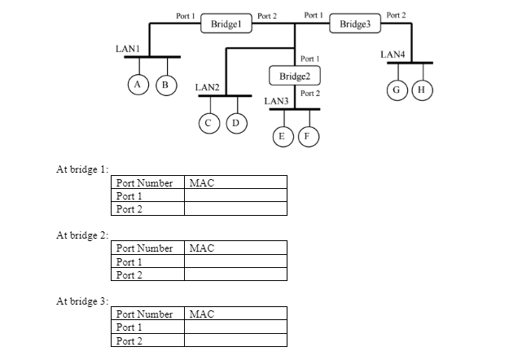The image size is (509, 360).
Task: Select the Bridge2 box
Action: [x=295, y=77]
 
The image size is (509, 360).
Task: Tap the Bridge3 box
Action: [x=355, y=24]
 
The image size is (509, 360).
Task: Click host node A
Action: [x=138, y=84]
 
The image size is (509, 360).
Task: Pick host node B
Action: [x=165, y=84]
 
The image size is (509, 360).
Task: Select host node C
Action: [x=209, y=123]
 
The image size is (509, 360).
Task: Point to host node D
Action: [x=236, y=123]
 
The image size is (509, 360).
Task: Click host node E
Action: [x=282, y=136]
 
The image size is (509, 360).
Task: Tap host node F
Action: [x=308, y=136]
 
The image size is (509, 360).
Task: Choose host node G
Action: [x=396, y=90]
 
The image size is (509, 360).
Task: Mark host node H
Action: [x=421, y=90]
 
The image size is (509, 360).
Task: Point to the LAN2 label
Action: [x=207, y=87]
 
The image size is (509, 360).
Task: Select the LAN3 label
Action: [x=277, y=101]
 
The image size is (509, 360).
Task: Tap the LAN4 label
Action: [x=393, y=55]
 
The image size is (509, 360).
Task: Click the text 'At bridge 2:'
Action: [x=81, y=235]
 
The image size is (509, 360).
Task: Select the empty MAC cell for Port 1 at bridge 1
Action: [x=235, y=196]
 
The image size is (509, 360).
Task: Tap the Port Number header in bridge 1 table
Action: [x=145, y=183]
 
